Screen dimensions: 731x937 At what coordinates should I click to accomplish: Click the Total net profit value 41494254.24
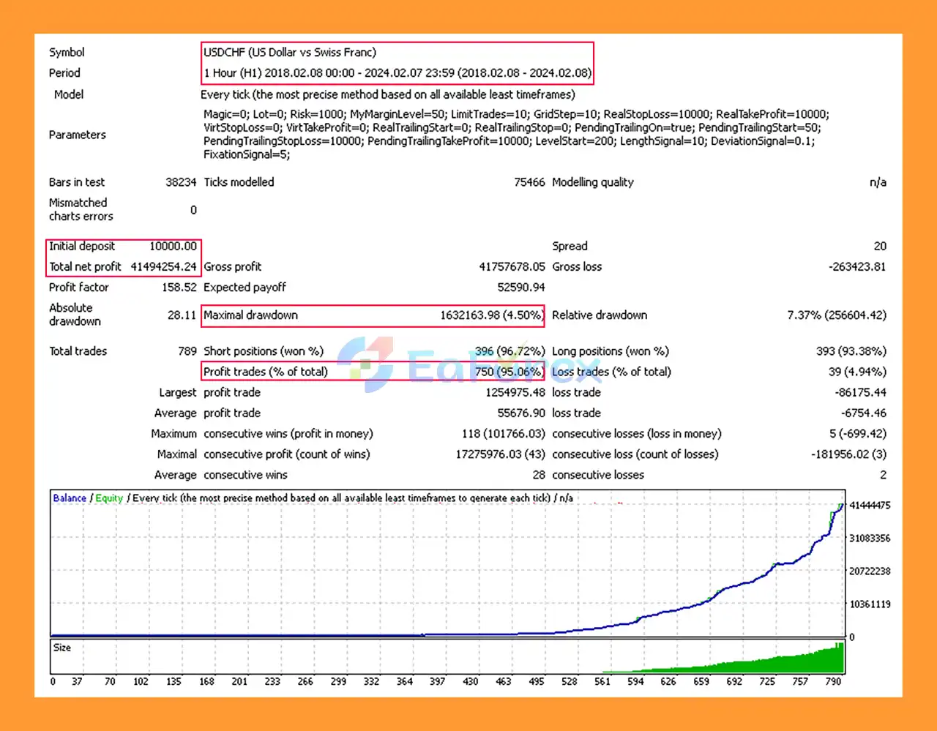pos(163,267)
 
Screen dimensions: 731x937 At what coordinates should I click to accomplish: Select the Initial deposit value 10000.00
pos(173,247)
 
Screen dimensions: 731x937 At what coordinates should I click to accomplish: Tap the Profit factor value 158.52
pos(179,288)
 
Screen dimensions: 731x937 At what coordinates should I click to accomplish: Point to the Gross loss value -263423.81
pos(856,267)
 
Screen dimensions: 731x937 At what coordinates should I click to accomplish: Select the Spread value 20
pos(879,247)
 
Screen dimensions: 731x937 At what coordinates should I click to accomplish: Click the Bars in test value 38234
pos(181,182)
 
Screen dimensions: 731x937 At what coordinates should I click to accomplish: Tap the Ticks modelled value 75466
pos(529,182)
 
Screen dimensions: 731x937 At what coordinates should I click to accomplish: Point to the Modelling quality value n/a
pos(877,182)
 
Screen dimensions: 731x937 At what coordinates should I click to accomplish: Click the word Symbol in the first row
pos(67,53)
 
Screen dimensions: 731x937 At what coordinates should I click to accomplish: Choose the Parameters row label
pos(77,135)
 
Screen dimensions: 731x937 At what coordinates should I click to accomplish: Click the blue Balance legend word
pos(70,498)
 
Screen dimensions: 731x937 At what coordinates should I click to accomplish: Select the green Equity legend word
pos(109,498)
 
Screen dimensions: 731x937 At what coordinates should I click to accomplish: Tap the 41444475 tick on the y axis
pos(870,506)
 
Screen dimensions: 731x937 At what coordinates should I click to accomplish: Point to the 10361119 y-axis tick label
pos(870,604)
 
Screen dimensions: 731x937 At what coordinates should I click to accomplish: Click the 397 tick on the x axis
pos(437,681)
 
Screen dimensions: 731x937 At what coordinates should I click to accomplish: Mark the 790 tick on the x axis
pos(833,681)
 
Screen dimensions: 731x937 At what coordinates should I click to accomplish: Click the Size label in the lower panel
pos(62,648)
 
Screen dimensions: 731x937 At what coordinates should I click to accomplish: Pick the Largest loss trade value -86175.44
pos(860,393)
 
